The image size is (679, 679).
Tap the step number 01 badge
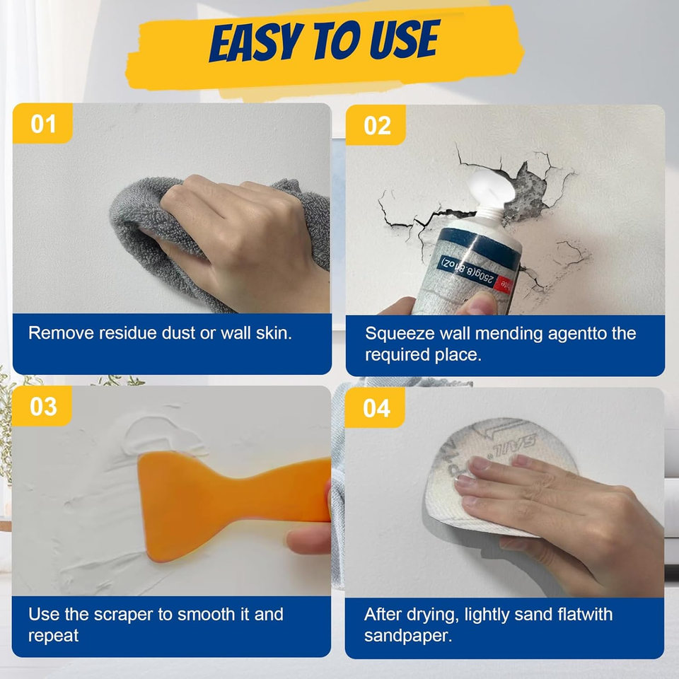(43, 124)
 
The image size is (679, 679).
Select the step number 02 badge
(377, 125)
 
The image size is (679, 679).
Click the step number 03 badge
(43, 406)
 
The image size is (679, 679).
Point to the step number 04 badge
(376, 408)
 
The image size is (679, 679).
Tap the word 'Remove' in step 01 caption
(56, 333)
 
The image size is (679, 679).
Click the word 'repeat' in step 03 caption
(53, 635)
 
